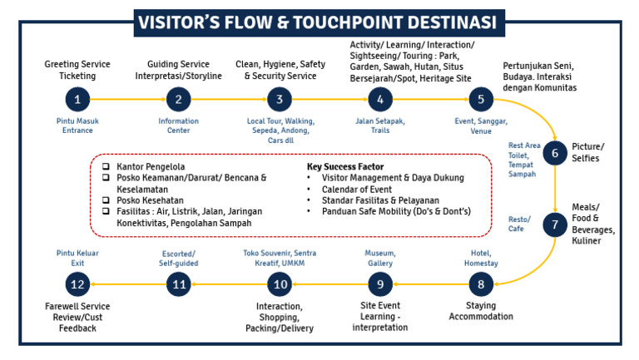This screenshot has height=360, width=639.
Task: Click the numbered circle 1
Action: coord(77,100)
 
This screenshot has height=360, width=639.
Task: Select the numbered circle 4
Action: coord(379,100)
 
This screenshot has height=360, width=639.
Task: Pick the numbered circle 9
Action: coord(379,285)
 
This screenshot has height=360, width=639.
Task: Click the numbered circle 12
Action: coord(77,285)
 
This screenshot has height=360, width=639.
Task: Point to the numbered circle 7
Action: coord(555,224)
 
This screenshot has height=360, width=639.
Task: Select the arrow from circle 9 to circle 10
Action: coord(330,285)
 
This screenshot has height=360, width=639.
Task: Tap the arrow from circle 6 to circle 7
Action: coord(555,190)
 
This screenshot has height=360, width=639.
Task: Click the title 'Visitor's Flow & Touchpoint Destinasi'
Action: coord(319,20)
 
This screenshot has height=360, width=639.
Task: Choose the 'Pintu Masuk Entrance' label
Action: coord(77,125)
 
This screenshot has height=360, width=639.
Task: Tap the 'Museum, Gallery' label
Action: coord(379,258)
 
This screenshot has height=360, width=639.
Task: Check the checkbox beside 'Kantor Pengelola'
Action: coord(106,165)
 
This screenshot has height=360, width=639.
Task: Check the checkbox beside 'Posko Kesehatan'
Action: coord(106,200)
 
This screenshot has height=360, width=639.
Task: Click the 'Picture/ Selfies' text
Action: coord(589,153)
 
